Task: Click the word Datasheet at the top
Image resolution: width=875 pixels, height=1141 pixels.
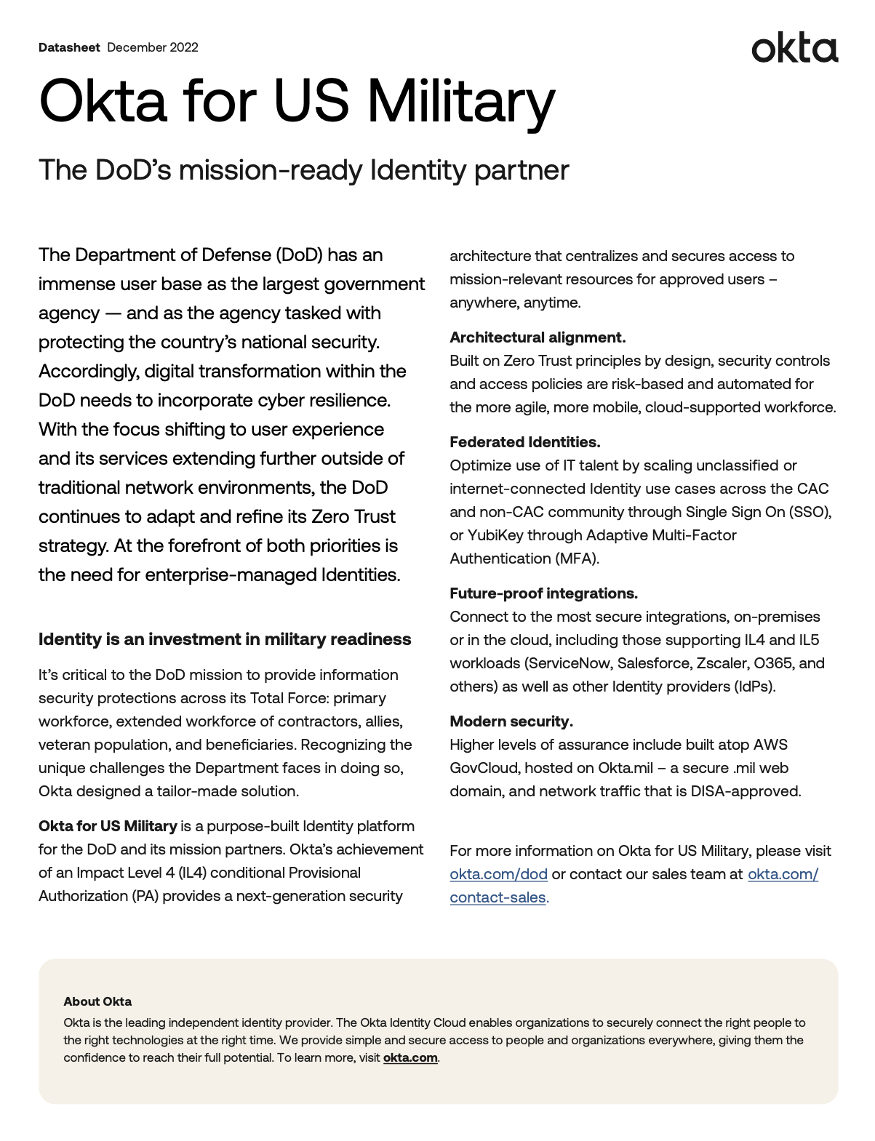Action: [69, 47]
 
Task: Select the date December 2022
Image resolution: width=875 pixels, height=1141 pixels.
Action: [153, 47]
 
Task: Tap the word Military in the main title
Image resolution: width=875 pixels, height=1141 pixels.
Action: [460, 101]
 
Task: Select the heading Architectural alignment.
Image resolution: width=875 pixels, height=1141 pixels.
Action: [538, 337]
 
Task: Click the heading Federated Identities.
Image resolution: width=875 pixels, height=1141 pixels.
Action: [524, 442]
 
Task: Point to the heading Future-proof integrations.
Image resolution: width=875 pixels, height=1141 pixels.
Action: [543, 593]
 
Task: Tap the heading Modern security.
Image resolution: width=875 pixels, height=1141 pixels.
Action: [511, 721]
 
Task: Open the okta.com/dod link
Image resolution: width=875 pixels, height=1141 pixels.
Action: [498, 874]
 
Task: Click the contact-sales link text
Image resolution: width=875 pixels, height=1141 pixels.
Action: [498, 897]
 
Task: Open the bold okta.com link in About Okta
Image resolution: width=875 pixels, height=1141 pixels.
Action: [410, 1057]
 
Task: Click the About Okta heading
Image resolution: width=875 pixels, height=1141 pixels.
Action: [97, 1001]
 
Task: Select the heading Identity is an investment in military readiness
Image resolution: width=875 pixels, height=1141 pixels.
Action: [225, 639]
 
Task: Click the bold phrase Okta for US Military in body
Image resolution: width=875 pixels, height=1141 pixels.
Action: [108, 826]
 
